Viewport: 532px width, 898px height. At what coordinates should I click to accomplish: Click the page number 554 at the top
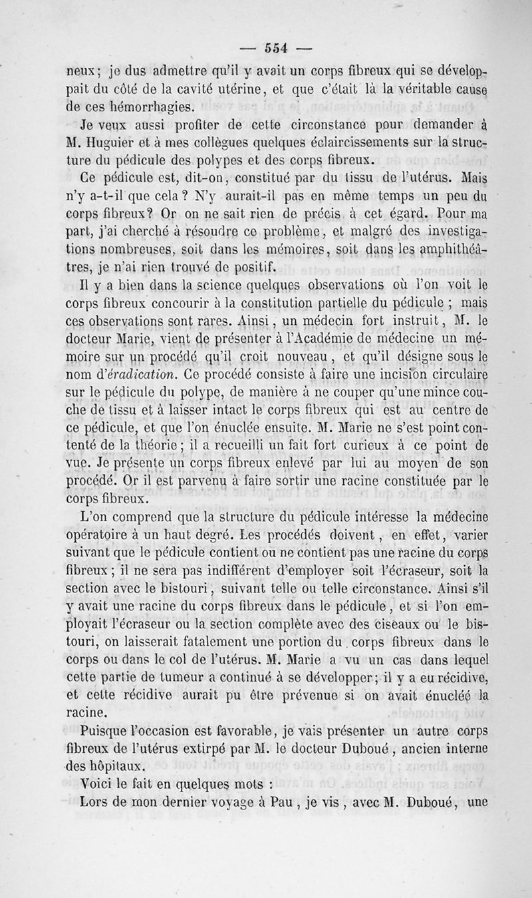[275, 47]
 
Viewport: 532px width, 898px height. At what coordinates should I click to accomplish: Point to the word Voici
[97, 783]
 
